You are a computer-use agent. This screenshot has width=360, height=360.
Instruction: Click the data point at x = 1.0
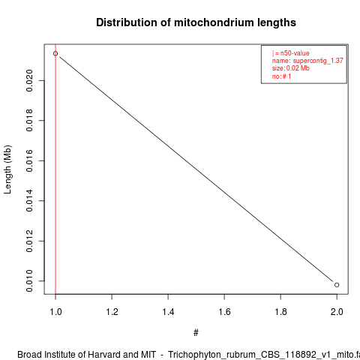[x=55, y=53]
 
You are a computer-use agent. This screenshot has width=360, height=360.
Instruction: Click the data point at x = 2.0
[x=337, y=285]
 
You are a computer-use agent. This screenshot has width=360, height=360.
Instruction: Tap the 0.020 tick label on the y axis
[x=29, y=80]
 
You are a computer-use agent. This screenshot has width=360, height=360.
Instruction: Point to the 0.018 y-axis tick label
[x=29, y=121]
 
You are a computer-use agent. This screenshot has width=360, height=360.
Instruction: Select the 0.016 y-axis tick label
[x=29, y=160]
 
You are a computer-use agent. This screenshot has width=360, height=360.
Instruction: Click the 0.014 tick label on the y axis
[x=29, y=201]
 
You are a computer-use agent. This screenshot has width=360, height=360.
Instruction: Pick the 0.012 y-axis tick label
[x=29, y=241]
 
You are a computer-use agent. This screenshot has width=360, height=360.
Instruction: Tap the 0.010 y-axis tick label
[x=29, y=281]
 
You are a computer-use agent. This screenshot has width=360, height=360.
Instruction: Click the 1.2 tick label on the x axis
[x=112, y=312]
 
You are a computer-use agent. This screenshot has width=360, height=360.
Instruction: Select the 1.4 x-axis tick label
[x=168, y=312]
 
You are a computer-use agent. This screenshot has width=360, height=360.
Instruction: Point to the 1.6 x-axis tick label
[x=224, y=312]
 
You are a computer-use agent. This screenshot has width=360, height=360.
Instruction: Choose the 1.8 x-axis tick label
[x=280, y=312]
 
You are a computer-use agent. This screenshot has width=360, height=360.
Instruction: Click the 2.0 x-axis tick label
[x=337, y=312]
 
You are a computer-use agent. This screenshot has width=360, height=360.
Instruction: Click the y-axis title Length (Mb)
[x=7, y=169]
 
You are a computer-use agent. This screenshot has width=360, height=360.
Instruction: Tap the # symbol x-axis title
[x=196, y=333]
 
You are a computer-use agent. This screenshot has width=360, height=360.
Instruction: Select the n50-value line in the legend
[x=291, y=53]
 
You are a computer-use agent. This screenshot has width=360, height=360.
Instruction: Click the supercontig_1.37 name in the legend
[x=318, y=61]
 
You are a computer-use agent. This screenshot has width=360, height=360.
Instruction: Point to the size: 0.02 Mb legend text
[x=291, y=68]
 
